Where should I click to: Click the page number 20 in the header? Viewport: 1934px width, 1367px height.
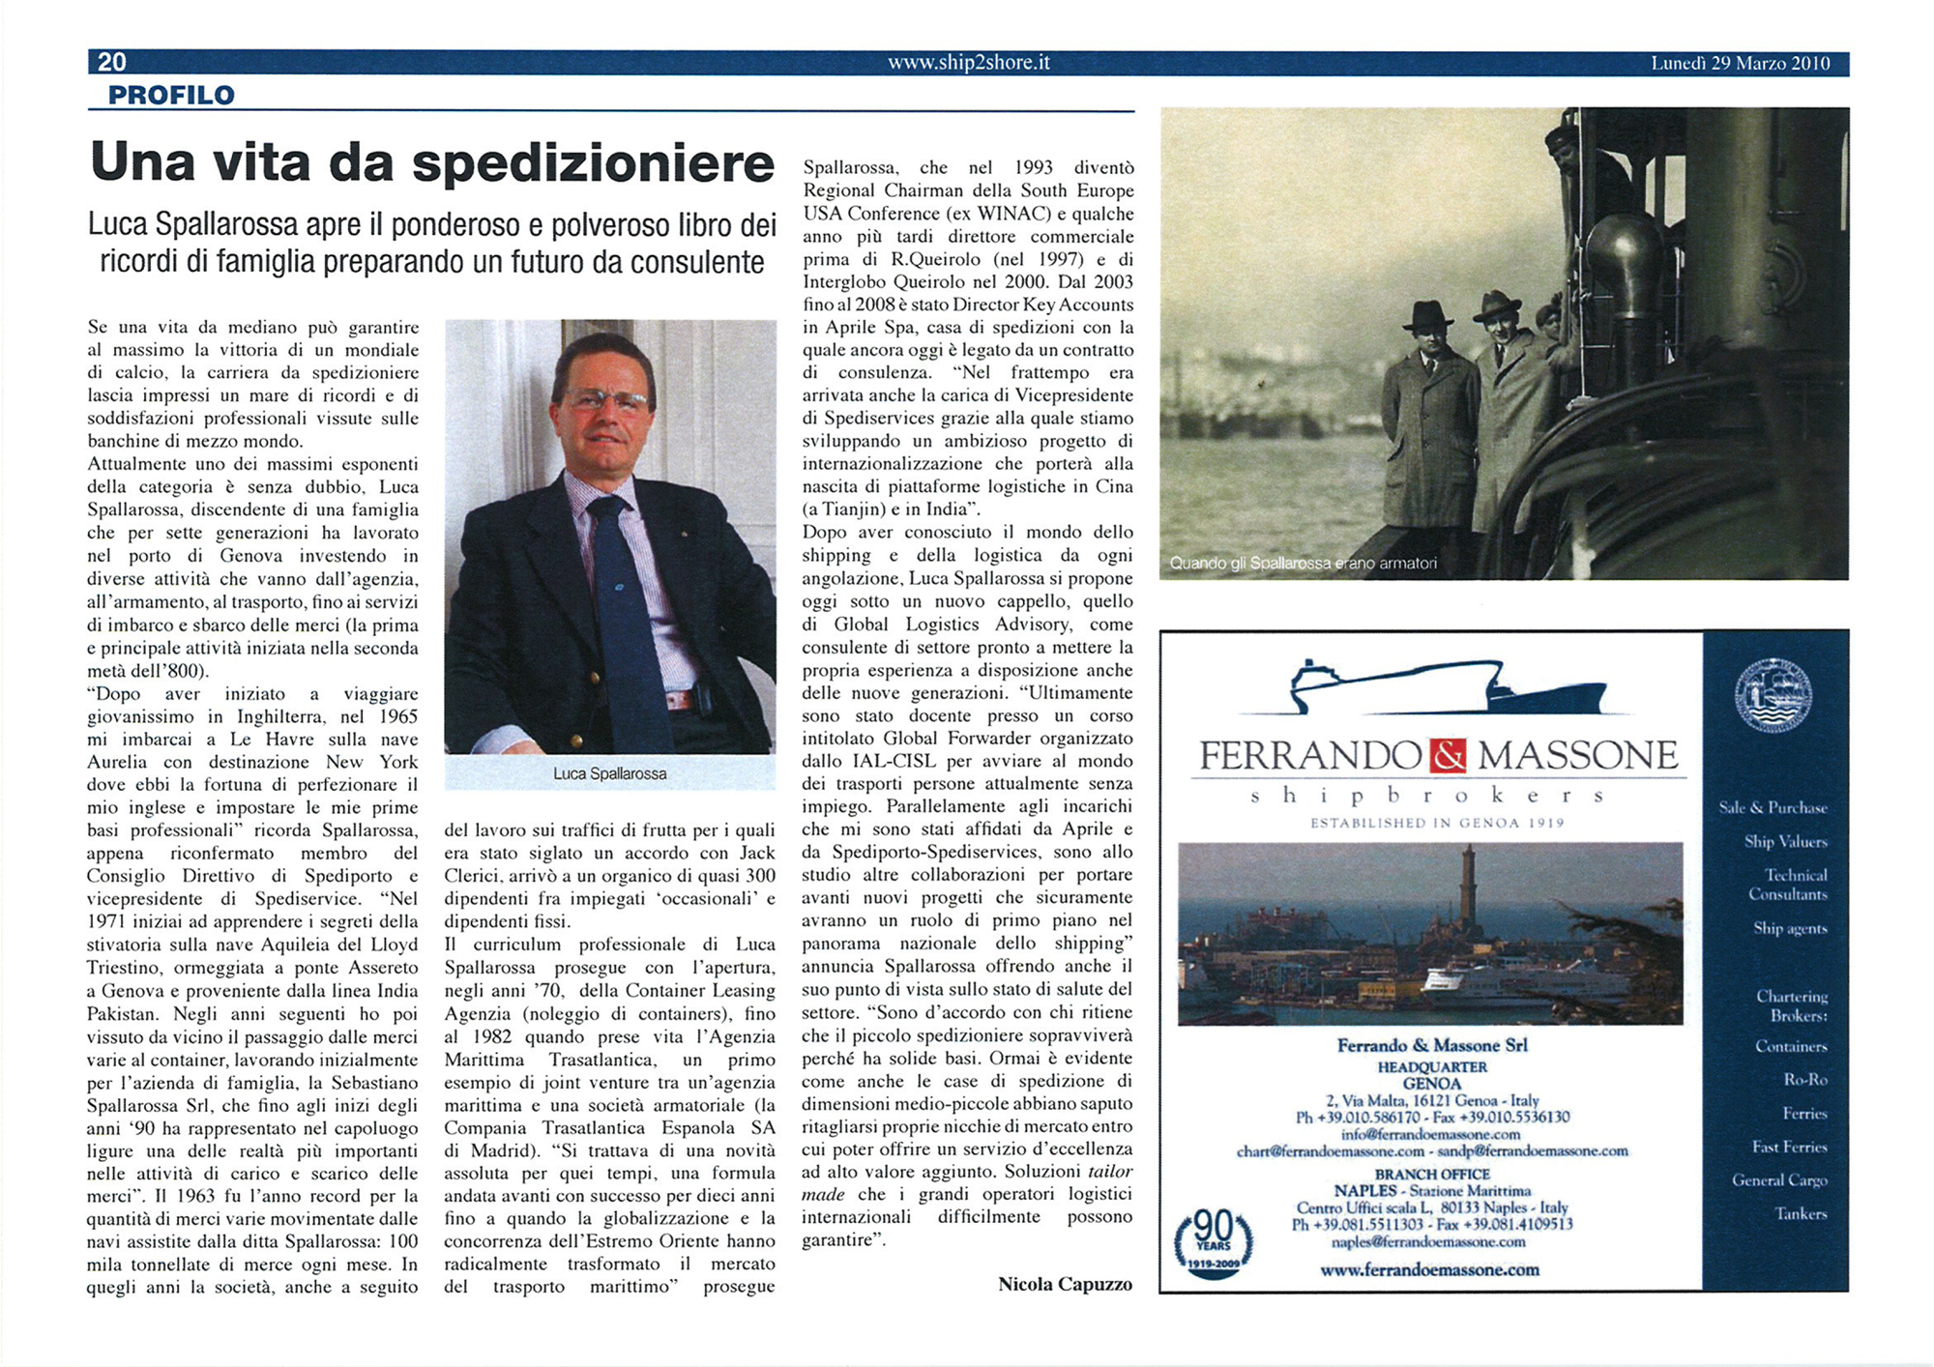tap(112, 62)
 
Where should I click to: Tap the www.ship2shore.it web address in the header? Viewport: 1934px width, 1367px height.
tap(968, 63)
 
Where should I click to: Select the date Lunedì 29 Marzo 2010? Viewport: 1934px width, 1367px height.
tap(1740, 64)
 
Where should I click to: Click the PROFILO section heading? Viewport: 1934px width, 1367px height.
tap(171, 95)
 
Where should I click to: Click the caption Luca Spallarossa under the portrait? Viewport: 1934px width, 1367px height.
tap(609, 773)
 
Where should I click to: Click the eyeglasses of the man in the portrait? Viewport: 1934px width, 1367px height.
tap(606, 399)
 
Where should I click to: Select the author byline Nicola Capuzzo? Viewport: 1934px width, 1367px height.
tap(1065, 1284)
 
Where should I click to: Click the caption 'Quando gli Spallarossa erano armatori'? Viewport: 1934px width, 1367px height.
tap(1303, 563)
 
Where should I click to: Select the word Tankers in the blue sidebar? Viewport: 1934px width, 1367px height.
tap(1800, 1213)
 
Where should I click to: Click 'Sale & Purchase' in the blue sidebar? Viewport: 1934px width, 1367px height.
tap(1773, 807)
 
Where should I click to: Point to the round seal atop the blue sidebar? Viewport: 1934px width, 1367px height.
tap(1773, 695)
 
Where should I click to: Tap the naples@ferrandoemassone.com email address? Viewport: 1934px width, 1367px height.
tap(1432, 1241)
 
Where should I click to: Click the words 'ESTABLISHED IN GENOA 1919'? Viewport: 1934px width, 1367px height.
tap(1437, 823)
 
